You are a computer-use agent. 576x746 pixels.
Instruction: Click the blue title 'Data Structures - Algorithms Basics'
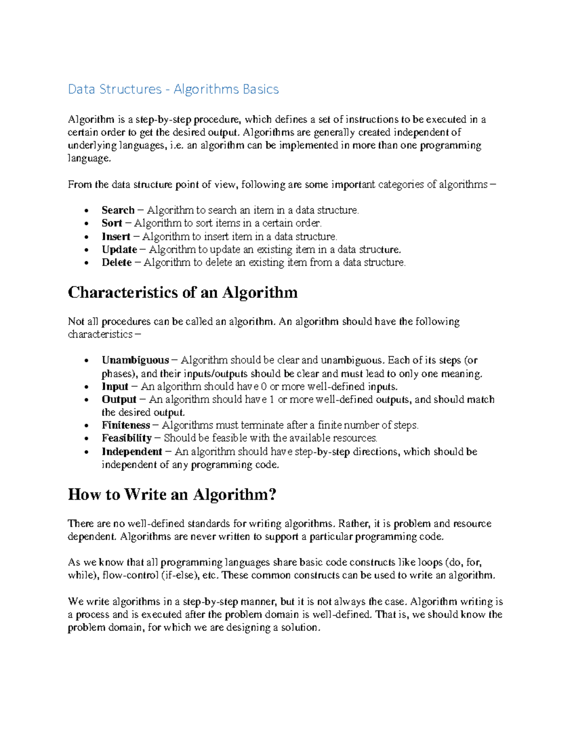point(173,89)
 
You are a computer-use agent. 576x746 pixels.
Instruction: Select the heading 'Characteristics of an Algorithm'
point(182,293)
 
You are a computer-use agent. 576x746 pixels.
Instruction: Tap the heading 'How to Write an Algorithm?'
point(172,494)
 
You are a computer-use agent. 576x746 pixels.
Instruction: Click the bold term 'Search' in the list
point(118,210)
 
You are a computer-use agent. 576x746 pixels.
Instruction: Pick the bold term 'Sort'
point(111,223)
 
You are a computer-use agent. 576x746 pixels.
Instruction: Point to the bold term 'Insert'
point(116,237)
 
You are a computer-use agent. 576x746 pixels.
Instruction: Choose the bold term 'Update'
point(119,250)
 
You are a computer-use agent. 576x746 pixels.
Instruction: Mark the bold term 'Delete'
point(116,263)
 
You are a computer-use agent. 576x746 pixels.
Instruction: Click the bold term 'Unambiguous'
point(135,360)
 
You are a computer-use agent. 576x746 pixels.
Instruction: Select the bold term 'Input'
point(115,387)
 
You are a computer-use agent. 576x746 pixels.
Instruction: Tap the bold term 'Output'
point(119,400)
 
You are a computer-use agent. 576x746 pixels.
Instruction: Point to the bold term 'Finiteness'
point(126,426)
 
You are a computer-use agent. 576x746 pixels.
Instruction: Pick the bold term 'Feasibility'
point(126,438)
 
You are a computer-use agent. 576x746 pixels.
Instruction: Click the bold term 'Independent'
point(132,452)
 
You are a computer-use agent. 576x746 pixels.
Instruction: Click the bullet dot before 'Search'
point(86,211)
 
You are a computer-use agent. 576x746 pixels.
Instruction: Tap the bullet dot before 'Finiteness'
point(86,426)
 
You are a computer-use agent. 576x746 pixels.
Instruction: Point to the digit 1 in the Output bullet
point(272,400)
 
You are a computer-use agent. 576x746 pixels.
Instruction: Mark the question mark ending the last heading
point(273,494)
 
